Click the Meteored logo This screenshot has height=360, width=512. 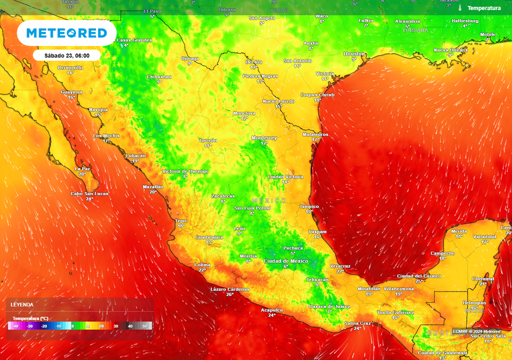(x=66, y=33)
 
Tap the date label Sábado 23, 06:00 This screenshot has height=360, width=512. (x=67, y=55)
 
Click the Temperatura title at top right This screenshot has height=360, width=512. (x=483, y=8)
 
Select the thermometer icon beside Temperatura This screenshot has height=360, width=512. (x=459, y=8)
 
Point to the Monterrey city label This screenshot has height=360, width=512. (x=264, y=138)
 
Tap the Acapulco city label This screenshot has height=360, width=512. (x=271, y=310)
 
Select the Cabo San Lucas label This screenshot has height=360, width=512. (x=89, y=193)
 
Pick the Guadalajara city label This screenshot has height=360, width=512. (x=208, y=237)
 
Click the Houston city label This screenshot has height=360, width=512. (x=354, y=53)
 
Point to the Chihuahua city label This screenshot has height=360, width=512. (x=159, y=76)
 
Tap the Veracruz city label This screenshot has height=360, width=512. (x=340, y=266)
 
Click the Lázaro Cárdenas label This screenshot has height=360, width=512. (x=229, y=289)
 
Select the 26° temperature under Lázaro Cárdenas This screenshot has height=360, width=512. (x=229, y=294)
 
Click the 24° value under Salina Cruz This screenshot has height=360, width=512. (x=357, y=328)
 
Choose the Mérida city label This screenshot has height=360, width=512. (x=458, y=231)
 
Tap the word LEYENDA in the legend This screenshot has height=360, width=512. (x=22, y=304)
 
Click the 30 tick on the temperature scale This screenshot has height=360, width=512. (x=115, y=326)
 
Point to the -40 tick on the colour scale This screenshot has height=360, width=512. (x=16, y=326)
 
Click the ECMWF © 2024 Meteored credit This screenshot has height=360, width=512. (x=476, y=331)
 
